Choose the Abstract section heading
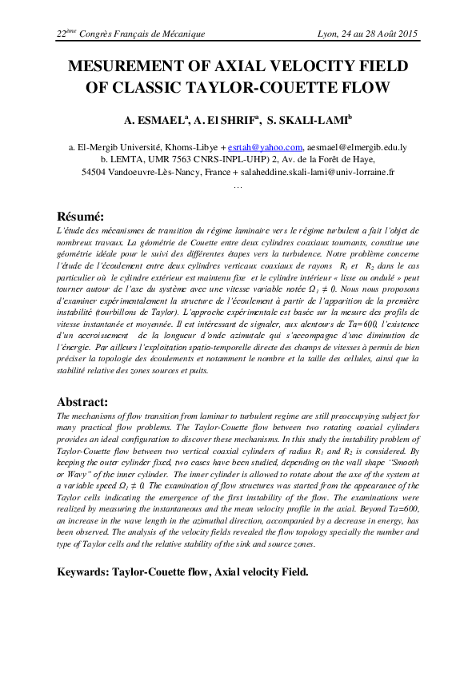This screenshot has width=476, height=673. pos(84,401)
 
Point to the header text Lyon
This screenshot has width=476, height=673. pos(330,34)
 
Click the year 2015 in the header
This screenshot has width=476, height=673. pos(408,34)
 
